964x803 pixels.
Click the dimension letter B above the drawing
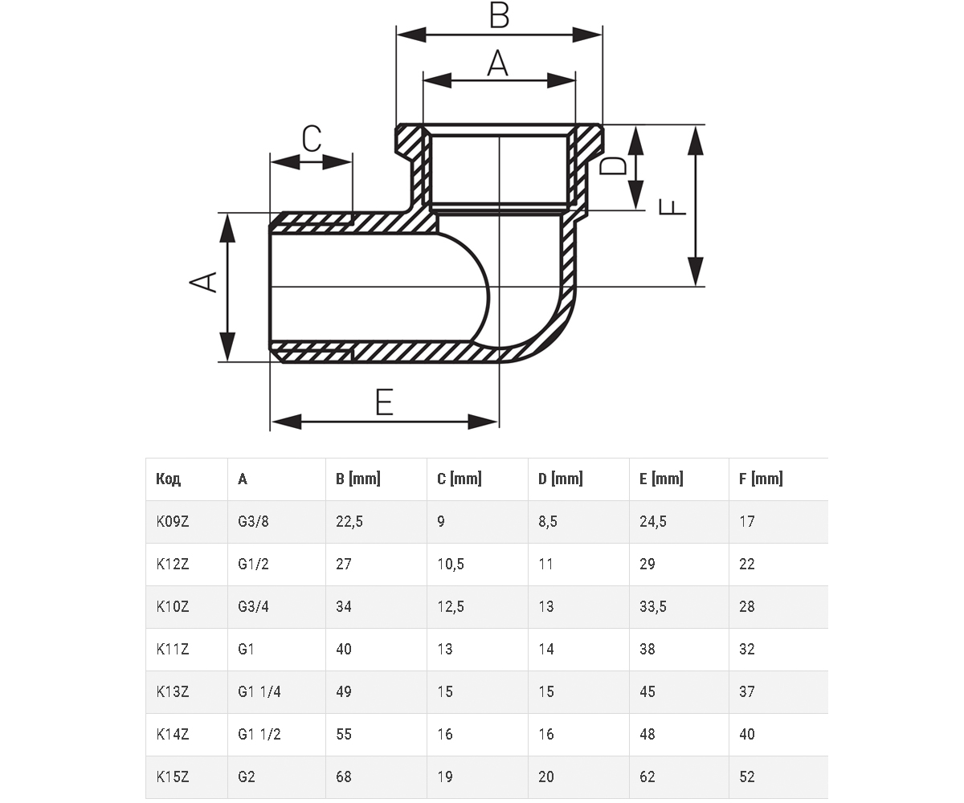pyautogui.click(x=500, y=15)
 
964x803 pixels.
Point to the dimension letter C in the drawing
pyautogui.click(x=312, y=138)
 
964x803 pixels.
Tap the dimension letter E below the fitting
pyautogui.click(x=384, y=402)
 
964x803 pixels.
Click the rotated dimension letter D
pyautogui.click(x=613, y=165)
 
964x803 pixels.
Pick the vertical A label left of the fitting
pyautogui.click(x=203, y=282)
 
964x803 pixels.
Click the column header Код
pyautogui.click(x=168, y=479)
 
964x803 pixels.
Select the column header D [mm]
pyautogui.click(x=561, y=479)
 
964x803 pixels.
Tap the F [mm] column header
pyautogui.click(x=761, y=479)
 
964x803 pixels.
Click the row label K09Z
pyautogui.click(x=172, y=521)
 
